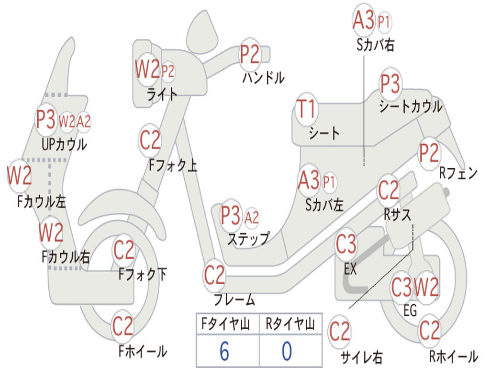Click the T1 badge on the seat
[x=306, y=110]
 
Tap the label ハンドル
[x=263, y=77]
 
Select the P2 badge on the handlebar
[x=249, y=54]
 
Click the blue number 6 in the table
[x=224, y=351]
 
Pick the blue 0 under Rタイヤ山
[x=287, y=351]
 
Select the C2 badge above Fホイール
[x=123, y=326]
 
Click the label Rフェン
[x=458, y=173]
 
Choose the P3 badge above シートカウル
[x=390, y=84]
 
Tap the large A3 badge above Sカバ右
[x=363, y=21]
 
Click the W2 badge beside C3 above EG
[x=426, y=287]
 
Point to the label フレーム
[x=234, y=300]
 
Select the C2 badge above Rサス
[x=389, y=190]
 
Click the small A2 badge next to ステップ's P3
[x=251, y=218]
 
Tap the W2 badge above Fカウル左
[x=19, y=175]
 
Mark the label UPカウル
[x=64, y=144]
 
